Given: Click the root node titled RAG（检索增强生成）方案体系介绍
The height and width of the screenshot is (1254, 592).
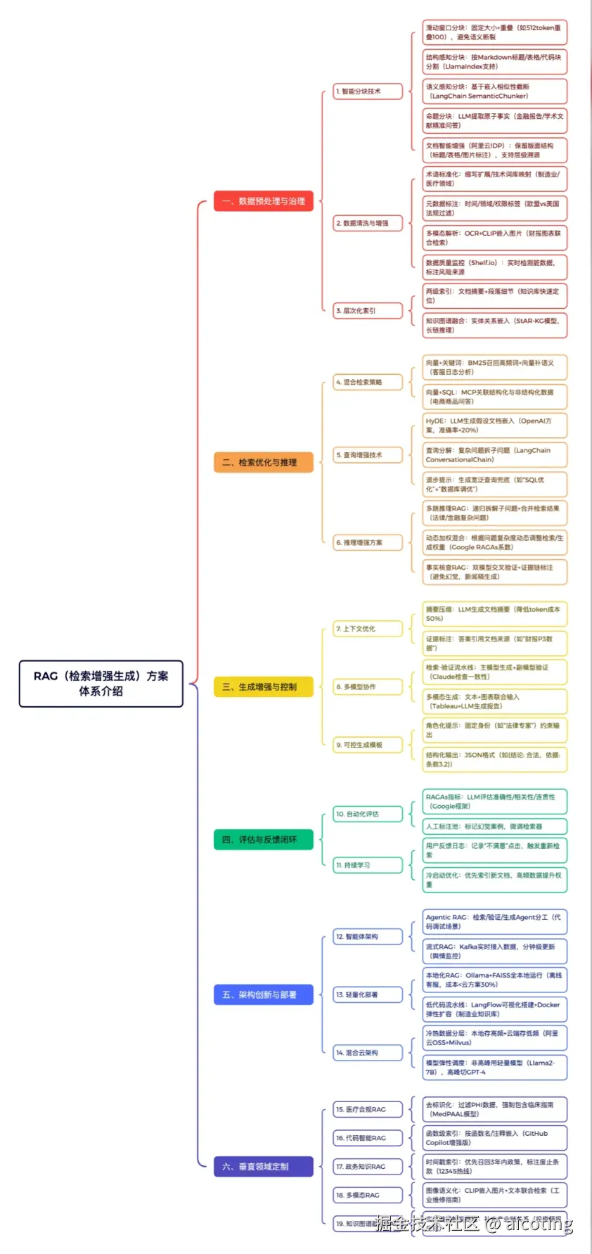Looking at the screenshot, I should pyautogui.click(x=101, y=683).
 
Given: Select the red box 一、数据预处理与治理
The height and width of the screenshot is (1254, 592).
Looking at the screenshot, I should pyautogui.click(x=264, y=201).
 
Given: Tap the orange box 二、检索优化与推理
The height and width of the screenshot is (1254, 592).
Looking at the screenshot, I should pyautogui.click(x=264, y=462).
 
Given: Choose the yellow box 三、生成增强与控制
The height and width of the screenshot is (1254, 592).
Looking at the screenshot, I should pyautogui.click(x=264, y=686).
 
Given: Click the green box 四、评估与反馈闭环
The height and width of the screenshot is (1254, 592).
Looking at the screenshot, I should pyautogui.click(x=264, y=839).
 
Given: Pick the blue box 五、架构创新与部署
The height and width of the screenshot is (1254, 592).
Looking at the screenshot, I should pyautogui.click(x=264, y=994).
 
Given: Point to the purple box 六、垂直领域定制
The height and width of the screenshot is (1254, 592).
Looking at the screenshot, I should pyautogui.click(x=264, y=1166).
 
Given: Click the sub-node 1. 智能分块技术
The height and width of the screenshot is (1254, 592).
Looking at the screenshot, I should pyautogui.click(x=368, y=91).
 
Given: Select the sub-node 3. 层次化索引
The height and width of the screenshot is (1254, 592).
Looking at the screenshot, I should pyautogui.click(x=368, y=310).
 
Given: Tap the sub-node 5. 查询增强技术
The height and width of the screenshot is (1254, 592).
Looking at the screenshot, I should pyautogui.click(x=368, y=455).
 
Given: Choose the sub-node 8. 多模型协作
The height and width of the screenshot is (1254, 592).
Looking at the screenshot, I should pyautogui.click(x=368, y=686).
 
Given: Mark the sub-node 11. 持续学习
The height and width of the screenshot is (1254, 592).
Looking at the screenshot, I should pyautogui.click(x=368, y=865).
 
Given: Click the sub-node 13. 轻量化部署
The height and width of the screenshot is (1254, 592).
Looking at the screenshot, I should pyautogui.click(x=368, y=994).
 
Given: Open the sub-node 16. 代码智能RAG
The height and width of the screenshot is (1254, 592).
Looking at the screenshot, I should pyautogui.click(x=368, y=1138).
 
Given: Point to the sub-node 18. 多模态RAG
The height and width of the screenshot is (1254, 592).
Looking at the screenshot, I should pyautogui.click(x=368, y=1195).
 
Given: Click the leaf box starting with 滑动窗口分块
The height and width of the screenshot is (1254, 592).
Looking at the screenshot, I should pyautogui.click(x=494, y=32).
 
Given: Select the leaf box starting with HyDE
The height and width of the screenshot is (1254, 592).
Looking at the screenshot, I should pyautogui.click(x=494, y=426).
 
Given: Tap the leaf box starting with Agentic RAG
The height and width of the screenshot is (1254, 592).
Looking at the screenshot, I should pyautogui.click(x=494, y=921).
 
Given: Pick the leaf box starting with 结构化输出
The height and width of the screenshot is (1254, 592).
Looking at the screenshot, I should pyautogui.click(x=494, y=759).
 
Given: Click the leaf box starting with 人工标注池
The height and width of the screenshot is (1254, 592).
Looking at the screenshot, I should pyautogui.click(x=494, y=826).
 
